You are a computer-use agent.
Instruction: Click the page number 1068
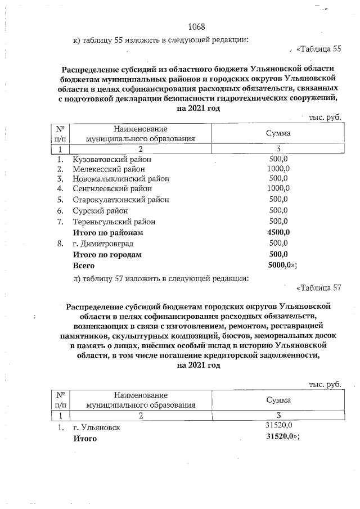196,27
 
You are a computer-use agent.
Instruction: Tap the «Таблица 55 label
318,49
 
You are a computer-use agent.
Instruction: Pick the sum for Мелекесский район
278,168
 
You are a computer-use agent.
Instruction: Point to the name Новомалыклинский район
121,178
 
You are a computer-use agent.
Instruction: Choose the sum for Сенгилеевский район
278,188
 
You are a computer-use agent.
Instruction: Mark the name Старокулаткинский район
121,200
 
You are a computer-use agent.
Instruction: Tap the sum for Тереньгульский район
278,221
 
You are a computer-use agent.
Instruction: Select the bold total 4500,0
278,232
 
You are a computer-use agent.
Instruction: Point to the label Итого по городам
107,254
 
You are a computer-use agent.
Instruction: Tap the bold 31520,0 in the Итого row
281,438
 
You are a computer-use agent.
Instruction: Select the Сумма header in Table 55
278,133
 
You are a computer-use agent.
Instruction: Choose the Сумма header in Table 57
278,400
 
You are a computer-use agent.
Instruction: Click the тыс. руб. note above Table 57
325,384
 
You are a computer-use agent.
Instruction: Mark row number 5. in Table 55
60,200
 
